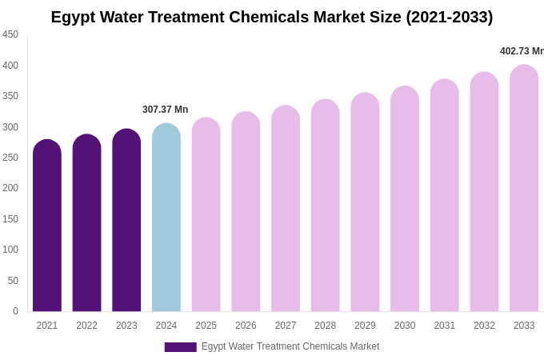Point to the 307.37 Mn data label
click(166, 110)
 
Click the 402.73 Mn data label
click(521, 51)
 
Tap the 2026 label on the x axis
click(246, 326)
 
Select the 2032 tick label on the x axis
click(484, 326)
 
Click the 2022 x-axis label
click(86, 326)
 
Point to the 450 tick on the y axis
click(10, 34)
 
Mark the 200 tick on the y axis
click(10, 188)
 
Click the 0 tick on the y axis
click(15, 311)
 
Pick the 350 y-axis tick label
click(10, 96)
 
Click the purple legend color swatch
click(180, 347)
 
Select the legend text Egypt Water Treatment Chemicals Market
click(290, 346)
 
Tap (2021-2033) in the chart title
click(449, 17)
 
